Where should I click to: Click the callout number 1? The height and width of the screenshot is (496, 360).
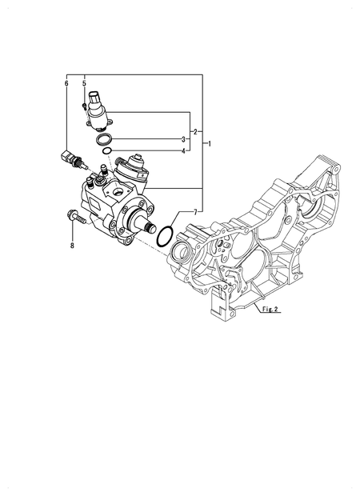210,144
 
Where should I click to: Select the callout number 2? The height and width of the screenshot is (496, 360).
195,131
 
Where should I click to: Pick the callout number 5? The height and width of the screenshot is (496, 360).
84,84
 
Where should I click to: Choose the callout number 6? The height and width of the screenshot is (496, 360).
66,84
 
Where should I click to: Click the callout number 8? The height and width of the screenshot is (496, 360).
71,244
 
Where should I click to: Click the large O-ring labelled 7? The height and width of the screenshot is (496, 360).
165,236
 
